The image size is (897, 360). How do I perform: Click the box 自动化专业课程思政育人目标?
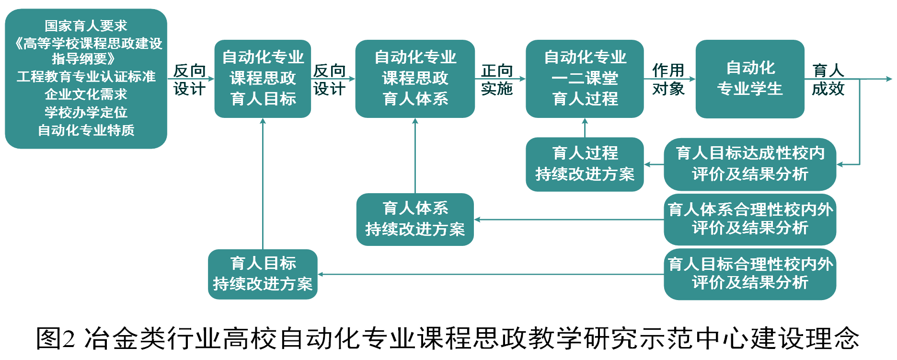tap(263, 79)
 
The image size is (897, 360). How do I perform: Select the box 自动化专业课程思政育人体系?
tap(415, 79)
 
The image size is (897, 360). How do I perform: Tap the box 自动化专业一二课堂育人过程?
tap(585, 79)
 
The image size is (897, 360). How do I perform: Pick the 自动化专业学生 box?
tap(750, 79)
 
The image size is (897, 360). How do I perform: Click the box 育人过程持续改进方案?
tap(585, 164)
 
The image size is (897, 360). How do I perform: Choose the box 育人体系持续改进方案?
tap(415, 219)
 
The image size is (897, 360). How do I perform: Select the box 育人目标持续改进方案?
tap(263, 274)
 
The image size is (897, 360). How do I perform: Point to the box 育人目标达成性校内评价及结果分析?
tap(750, 164)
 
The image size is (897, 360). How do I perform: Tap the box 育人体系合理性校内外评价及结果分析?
tap(750, 219)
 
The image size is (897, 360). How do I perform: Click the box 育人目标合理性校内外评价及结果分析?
tap(750, 274)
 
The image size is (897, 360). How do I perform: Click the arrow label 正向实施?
tap(497, 80)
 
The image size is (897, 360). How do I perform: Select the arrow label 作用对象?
tap(668, 80)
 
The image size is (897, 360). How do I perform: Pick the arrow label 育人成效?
tap(828, 80)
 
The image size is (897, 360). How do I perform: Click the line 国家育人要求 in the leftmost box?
tap(86, 25)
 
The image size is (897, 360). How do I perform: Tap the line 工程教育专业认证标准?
tap(86, 77)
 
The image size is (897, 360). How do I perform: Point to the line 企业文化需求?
tap(86, 94)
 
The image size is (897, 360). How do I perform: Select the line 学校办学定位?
tap(86, 112)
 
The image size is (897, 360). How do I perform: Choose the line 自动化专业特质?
tap(86, 130)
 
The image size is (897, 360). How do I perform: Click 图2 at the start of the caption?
tap(56, 338)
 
